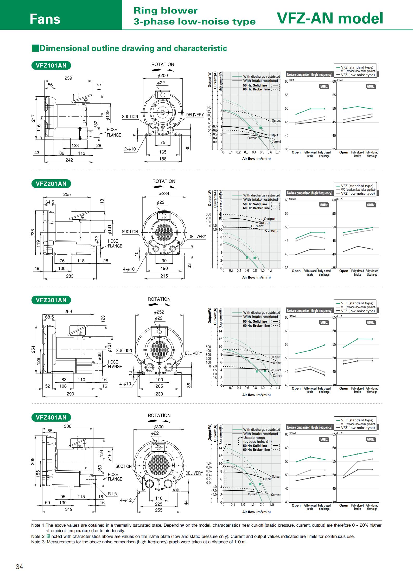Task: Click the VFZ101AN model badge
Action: point(51,65)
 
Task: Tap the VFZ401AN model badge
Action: point(51,417)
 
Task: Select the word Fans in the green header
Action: point(45,19)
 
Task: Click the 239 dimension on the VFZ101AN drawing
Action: point(68,78)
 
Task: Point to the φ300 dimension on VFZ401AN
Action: point(159,427)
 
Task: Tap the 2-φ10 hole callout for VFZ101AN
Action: point(130,149)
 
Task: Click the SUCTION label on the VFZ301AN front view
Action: point(124,350)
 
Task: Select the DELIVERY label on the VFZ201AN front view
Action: point(197,237)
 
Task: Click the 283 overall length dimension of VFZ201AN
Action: point(70,276)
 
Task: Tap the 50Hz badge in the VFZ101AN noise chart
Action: point(324,86)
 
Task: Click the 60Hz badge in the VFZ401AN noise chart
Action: point(371,439)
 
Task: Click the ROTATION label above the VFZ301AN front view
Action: point(159,299)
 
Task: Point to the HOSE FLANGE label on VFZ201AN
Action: point(115,243)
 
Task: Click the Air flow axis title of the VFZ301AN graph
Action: point(256,395)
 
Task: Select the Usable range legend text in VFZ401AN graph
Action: point(254,438)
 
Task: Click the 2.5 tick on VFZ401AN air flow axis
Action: point(272,504)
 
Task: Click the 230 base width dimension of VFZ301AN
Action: point(159,394)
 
